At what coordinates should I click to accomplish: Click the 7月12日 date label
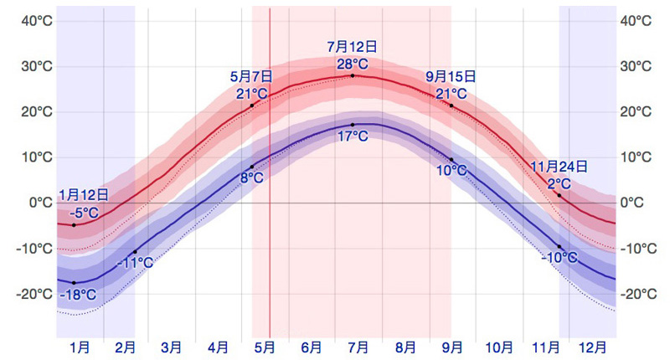(352, 47)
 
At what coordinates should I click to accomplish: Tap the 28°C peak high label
(352, 64)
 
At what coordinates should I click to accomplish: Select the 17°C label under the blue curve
(352, 136)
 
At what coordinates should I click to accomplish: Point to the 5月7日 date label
(251, 76)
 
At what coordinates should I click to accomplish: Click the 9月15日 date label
(451, 76)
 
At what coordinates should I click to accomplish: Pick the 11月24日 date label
(559, 167)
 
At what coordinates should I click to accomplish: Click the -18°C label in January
(77, 295)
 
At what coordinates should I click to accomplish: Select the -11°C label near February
(136, 263)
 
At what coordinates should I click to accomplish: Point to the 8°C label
(252, 177)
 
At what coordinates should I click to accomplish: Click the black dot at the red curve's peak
(352, 76)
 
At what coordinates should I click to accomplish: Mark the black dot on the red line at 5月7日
(251, 105)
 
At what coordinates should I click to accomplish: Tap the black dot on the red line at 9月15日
(451, 105)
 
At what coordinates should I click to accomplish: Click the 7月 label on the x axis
(358, 346)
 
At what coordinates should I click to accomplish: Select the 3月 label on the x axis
(171, 346)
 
